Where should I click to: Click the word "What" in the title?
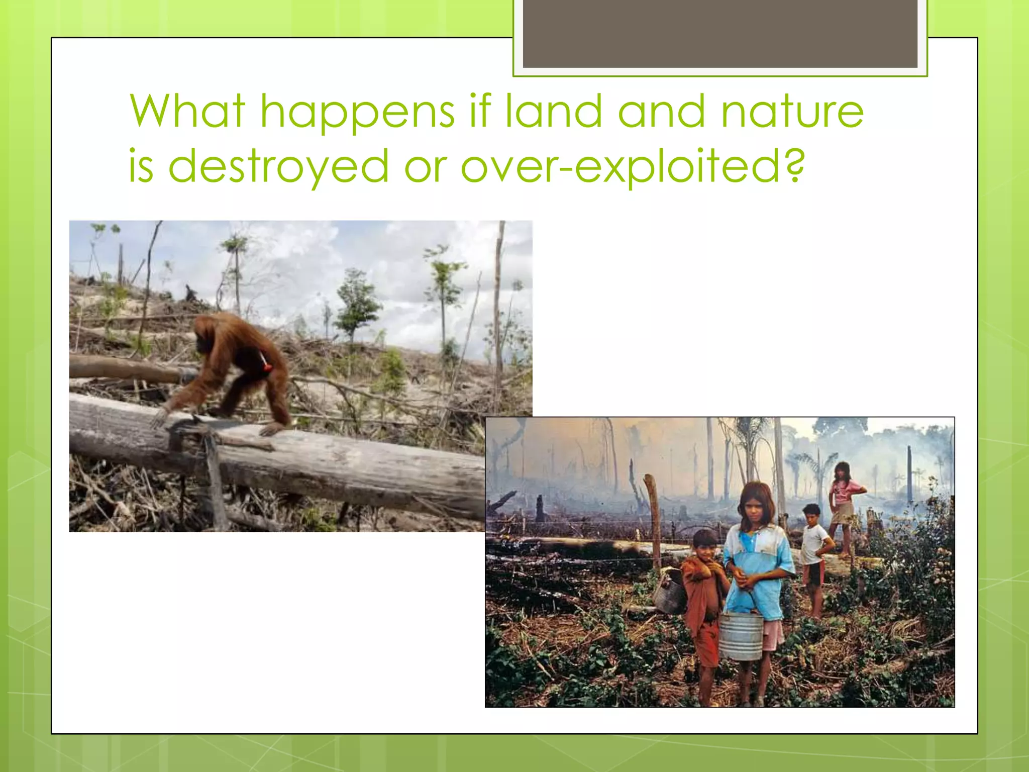pos(187,111)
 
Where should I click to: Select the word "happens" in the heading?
pos(357,114)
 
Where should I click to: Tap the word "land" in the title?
pos(553,111)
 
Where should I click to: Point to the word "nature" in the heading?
pos(792,112)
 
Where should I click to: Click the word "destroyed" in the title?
pos(279,166)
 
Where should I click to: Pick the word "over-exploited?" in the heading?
pos(633,166)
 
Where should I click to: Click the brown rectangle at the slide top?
pos(720,34)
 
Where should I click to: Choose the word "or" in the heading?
pos(425,166)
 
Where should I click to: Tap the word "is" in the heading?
pos(141,166)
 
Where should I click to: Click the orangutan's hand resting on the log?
pos(160,417)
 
